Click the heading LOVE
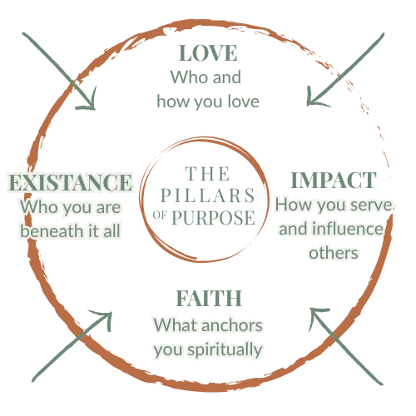[x=208, y=53]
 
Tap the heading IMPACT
[x=334, y=181]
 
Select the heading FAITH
[x=209, y=299]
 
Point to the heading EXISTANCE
[x=71, y=182]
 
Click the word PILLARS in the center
[x=208, y=196]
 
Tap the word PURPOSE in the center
[x=213, y=218]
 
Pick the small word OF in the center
[x=160, y=215]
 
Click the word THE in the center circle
[x=207, y=174]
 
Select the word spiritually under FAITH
[x=225, y=350]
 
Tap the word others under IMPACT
[x=334, y=253]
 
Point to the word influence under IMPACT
[x=348, y=229]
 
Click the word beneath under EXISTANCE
[x=52, y=231]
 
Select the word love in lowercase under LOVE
[x=244, y=102]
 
